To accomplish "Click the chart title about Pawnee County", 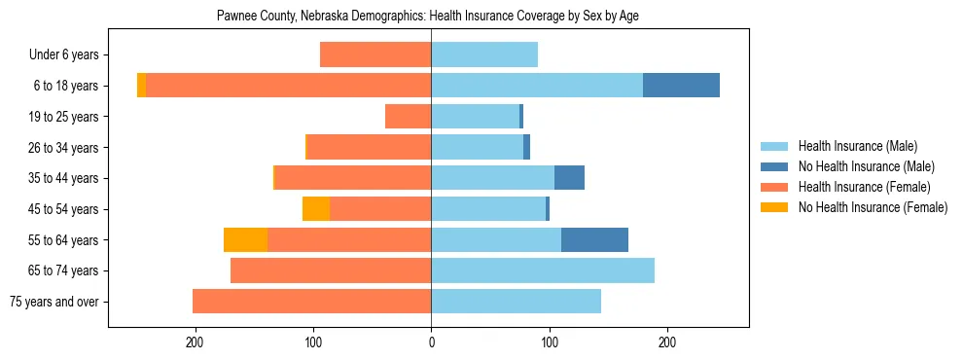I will (428, 17).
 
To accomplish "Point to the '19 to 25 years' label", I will (65, 117).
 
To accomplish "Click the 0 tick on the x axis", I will (431, 343).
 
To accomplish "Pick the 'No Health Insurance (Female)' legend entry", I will (872, 207).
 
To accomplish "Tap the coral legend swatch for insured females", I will (774, 187).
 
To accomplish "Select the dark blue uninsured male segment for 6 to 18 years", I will (681, 86).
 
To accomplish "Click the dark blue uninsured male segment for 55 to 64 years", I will (594, 240).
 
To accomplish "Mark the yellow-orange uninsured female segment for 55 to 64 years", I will (245, 240).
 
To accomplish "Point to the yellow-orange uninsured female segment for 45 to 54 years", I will (316, 209).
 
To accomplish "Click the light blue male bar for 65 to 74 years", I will (543, 270).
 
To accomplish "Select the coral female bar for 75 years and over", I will (311, 302).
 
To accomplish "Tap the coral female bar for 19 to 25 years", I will (408, 117).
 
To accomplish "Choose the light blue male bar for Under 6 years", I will (484, 55).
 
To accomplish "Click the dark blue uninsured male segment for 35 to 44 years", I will (569, 178).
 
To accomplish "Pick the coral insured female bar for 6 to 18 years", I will (288, 86).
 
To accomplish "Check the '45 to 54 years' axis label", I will (65, 209).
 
